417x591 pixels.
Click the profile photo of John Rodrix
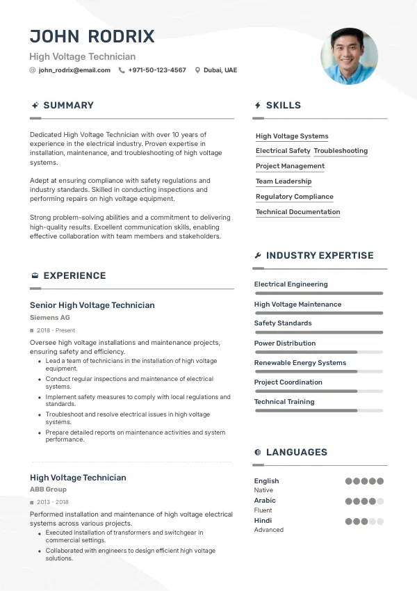(x=349, y=56)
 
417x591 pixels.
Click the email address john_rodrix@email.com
(x=74, y=70)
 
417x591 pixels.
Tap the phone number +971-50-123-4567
(x=157, y=70)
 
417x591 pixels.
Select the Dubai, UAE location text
(x=220, y=70)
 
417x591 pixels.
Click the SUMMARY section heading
(x=68, y=106)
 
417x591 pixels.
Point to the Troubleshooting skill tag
(x=341, y=151)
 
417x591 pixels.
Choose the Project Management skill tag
(x=290, y=166)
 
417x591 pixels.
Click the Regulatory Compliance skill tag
(x=295, y=197)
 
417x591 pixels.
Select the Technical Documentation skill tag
(x=297, y=212)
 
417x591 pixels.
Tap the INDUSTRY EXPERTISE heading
(x=320, y=256)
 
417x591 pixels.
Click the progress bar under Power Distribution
(x=318, y=353)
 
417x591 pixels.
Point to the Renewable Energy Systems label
(x=300, y=363)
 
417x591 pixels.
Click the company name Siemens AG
(x=50, y=318)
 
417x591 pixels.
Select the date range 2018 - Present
(x=56, y=330)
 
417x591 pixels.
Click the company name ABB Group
(x=49, y=489)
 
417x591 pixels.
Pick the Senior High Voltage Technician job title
(x=92, y=305)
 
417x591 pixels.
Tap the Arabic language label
(x=265, y=501)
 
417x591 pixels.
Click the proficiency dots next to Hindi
(x=364, y=521)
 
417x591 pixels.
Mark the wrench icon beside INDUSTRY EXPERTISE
(x=258, y=256)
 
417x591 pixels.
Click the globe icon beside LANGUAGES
(x=258, y=453)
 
